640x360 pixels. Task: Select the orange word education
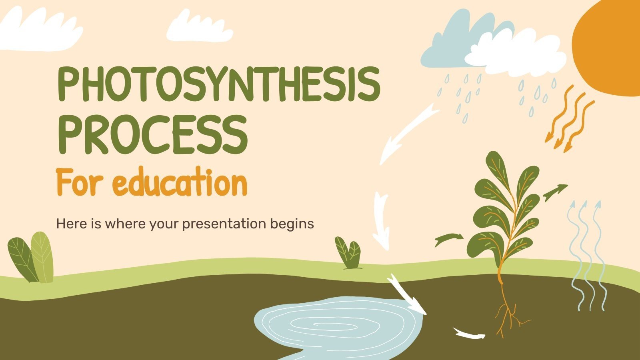(182, 184)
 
